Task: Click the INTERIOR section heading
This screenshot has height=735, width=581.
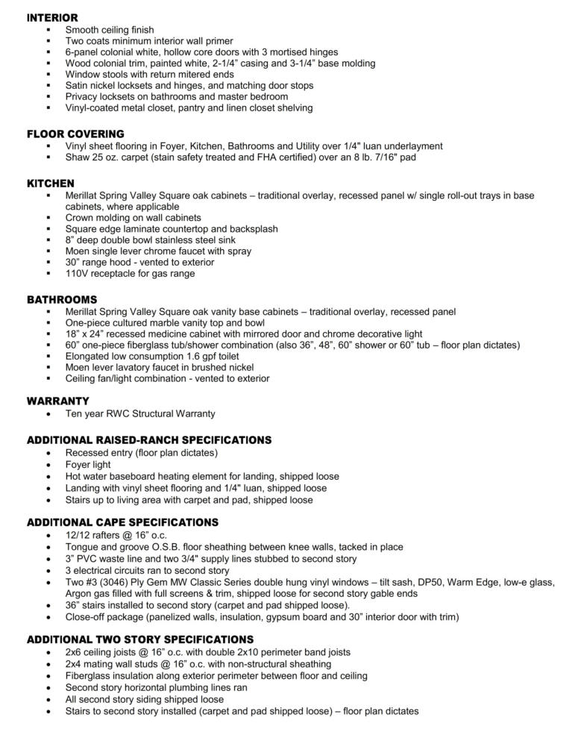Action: tap(52, 17)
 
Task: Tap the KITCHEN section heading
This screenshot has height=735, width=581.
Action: tap(51, 184)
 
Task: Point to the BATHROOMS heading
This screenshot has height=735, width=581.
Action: tap(62, 299)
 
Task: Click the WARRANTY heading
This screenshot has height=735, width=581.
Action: tap(58, 401)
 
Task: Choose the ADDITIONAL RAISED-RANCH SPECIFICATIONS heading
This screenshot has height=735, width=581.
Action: tap(149, 440)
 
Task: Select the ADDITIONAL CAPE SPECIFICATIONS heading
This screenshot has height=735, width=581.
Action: tap(122, 522)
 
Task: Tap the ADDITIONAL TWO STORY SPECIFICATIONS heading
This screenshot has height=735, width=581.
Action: tap(140, 639)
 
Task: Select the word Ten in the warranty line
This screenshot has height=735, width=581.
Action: tap(74, 413)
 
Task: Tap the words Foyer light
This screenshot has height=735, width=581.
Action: tap(88, 464)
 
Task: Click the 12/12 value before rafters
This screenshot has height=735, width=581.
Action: tap(78, 535)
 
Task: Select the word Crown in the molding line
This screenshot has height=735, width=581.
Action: tap(80, 218)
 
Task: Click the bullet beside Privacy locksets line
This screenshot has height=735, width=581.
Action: tap(48, 97)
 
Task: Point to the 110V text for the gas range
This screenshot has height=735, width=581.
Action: tap(78, 274)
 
